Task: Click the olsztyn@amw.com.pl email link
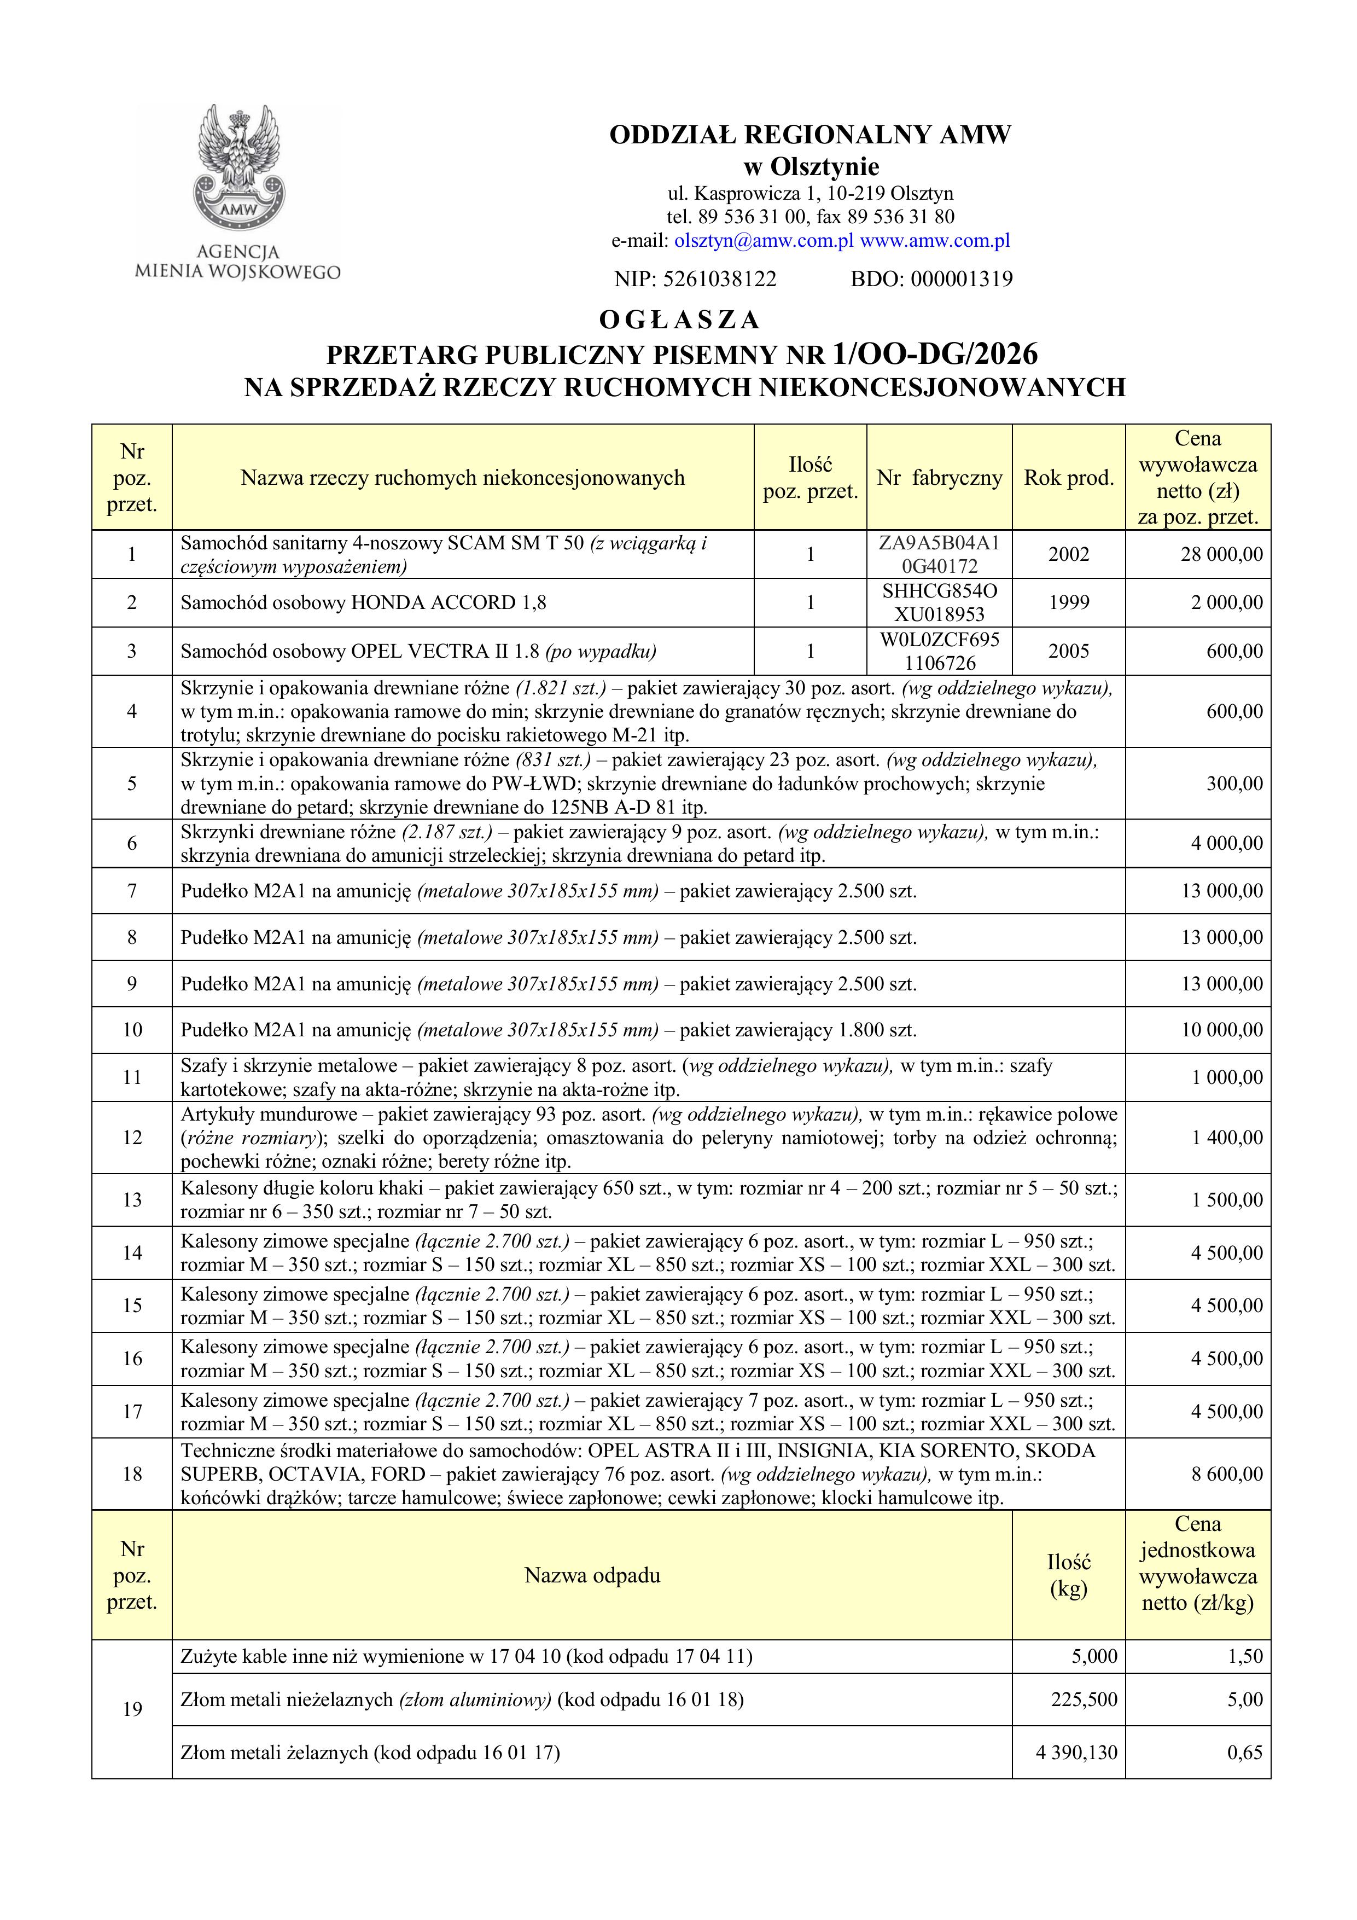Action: tap(764, 241)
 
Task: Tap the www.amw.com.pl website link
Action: tap(935, 241)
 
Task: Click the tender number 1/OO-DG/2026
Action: tap(935, 355)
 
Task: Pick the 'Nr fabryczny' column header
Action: tap(939, 478)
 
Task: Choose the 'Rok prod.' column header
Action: tap(1069, 478)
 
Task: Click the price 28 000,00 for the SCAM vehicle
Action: tap(1221, 554)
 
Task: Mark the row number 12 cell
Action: tap(132, 1138)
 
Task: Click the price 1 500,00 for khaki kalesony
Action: tap(1227, 1200)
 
